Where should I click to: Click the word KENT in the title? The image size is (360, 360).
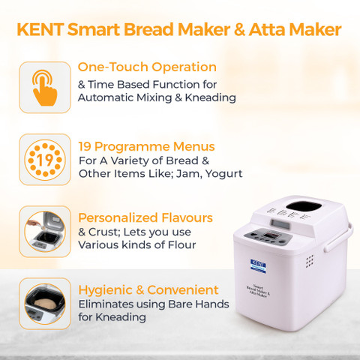click(40, 29)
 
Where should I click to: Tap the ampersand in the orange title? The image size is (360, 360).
click(239, 29)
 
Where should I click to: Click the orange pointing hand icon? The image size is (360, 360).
click(45, 88)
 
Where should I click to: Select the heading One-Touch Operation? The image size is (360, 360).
click(147, 67)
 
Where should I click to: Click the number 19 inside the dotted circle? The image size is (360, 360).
click(45, 160)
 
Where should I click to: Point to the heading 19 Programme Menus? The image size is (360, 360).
click(146, 146)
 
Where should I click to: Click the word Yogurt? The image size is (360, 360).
click(223, 174)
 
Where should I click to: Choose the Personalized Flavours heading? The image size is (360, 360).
click(145, 217)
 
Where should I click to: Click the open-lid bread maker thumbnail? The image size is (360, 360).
click(45, 232)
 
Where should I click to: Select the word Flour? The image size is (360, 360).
click(181, 244)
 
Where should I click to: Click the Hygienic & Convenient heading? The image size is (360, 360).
click(148, 290)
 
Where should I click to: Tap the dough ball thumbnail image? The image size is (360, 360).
click(45, 304)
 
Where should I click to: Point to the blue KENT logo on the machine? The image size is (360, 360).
click(258, 266)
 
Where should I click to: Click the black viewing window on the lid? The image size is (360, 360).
click(304, 206)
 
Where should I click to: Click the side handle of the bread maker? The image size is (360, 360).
click(339, 238)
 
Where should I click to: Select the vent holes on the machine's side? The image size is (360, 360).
click(310, 261)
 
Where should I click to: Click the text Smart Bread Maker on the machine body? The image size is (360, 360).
click(258, 290)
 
